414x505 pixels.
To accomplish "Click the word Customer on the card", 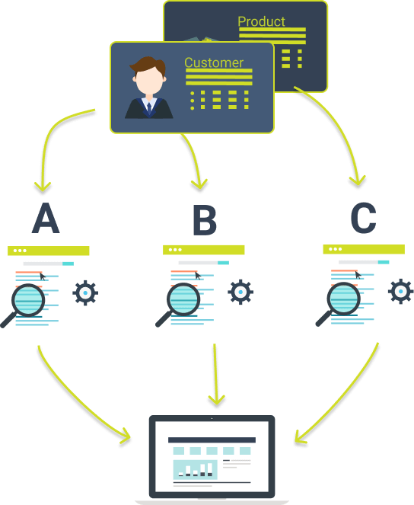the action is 214,62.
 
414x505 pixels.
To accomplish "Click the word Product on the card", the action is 261,21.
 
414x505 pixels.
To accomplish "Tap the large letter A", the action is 46,218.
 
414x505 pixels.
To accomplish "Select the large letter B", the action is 205,219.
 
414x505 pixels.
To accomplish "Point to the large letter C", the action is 363,218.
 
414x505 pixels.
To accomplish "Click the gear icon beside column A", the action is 85,292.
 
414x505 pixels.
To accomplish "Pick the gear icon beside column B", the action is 240,292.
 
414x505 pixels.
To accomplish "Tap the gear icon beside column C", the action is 400,291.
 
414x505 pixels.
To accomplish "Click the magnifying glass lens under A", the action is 28,300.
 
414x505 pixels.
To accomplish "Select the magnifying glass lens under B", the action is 183,299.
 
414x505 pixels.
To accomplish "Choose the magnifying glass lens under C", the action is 343,299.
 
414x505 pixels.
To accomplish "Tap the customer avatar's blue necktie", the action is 149,109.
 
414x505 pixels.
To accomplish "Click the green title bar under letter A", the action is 48,251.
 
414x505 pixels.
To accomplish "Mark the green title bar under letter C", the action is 364,249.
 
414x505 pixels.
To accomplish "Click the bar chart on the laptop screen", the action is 196,469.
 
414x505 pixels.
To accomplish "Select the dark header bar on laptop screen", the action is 212,440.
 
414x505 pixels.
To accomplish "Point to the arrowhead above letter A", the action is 43,187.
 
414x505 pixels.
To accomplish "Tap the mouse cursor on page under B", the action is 198,276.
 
